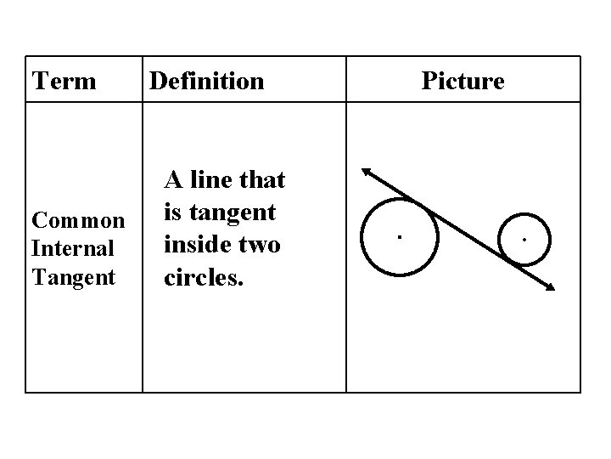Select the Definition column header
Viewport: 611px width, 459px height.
(x=206, y=82)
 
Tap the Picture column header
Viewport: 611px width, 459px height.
(x=462, y=82)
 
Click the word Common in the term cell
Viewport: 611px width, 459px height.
(x=78, y=221)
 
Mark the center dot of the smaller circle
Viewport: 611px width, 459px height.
(x=524, y=241)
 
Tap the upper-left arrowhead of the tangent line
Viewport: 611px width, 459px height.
(x=366, y=171)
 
